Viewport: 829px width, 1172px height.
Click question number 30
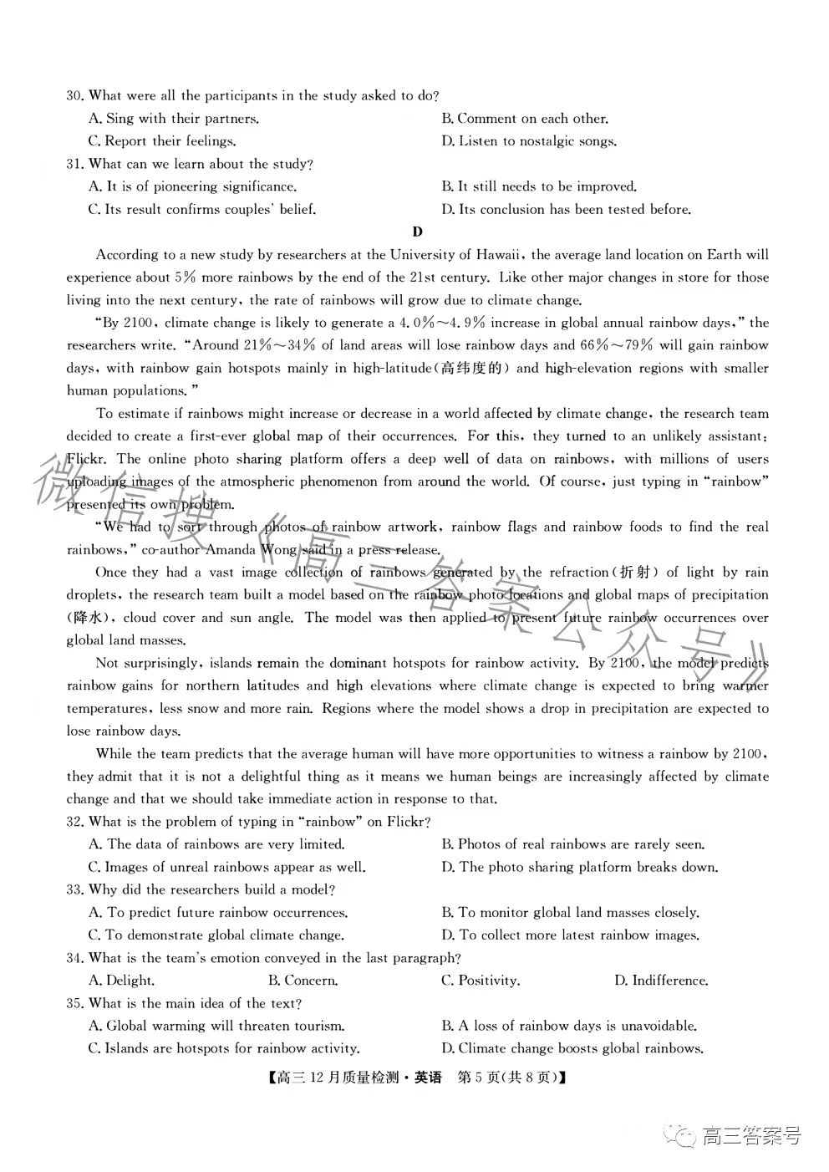[75, 96]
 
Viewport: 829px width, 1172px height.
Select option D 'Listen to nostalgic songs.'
[529, 141]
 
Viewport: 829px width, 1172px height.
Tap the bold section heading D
[417, 232]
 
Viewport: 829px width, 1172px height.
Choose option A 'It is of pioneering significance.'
[192, 186]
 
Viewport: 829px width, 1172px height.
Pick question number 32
[75, 822]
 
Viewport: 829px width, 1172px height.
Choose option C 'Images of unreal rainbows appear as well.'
[226, 867]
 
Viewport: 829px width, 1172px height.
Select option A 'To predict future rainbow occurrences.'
[218, 913]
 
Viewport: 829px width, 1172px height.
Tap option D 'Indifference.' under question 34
[661, 981]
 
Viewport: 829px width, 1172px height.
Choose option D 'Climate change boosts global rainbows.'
[572, 1048]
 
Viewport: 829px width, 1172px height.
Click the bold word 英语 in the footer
[428, 1078]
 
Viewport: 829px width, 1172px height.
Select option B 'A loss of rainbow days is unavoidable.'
[569, 1026]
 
